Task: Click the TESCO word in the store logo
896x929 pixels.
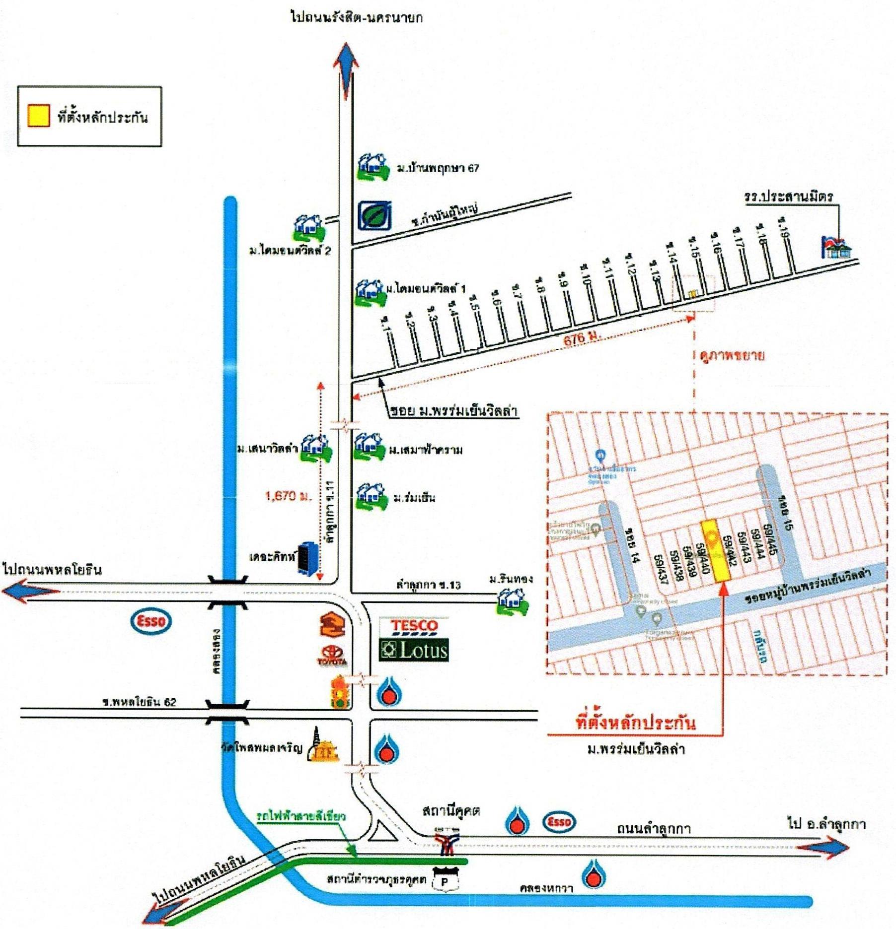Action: (x=414, y=626)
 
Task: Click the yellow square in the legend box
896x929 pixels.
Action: (x=38, y=116)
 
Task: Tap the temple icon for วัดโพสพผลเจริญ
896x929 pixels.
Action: (x=322, y=745)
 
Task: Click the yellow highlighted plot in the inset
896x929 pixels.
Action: (x=714, y=549)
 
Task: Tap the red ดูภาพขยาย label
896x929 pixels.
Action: (x=732, y=355)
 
